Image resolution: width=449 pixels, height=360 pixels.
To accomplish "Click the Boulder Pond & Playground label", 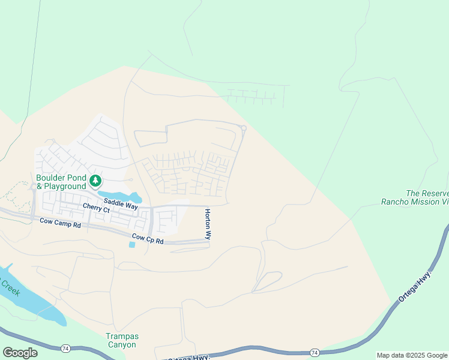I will [x=61, y=182].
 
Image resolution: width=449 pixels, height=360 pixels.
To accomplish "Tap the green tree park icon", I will [x=95, y=180].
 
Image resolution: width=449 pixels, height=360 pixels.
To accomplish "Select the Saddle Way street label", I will [x=121, y=204].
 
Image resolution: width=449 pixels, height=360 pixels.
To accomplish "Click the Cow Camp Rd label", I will [x=60, y=223].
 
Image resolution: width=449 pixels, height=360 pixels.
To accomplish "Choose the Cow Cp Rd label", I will [x=147, y=239].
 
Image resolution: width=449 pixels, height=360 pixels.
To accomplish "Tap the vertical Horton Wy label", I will [x=208, y=224].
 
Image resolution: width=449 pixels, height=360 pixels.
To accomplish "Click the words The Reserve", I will [x=427, y=193].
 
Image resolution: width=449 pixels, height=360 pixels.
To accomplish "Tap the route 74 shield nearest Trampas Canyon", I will [x=64, y=348].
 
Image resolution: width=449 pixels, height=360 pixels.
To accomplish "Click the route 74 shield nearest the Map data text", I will [x=315, y=352].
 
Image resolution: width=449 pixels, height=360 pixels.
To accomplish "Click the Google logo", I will [x=20, y=353].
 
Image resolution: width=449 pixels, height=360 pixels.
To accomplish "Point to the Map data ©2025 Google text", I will [x=412, y=355].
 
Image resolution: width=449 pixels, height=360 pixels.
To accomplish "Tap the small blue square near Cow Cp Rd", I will [x=132, y=245].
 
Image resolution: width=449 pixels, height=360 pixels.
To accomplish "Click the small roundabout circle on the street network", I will [x=244, y=128].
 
